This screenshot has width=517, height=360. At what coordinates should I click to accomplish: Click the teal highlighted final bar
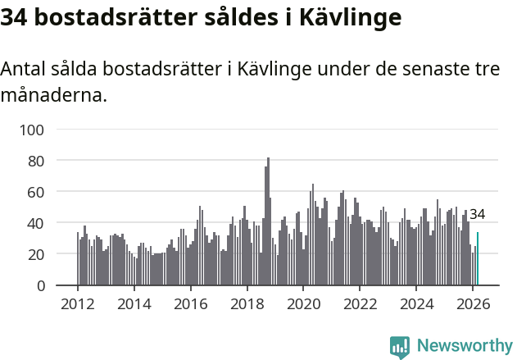point(478,259)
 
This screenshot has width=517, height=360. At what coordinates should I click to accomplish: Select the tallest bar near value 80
point(268,221)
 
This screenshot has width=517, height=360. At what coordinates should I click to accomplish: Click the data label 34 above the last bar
point(477,215)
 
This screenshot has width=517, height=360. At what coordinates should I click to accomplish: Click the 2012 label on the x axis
point(78,303)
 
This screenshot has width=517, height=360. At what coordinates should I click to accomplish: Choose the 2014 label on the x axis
point(134,303)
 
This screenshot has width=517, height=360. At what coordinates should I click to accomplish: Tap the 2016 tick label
point(191,303)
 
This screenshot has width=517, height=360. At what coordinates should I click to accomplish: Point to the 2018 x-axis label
point(247,303)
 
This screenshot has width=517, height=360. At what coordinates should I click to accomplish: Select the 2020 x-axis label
point(303,303)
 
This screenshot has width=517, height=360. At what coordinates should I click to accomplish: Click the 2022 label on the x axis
point(360,303)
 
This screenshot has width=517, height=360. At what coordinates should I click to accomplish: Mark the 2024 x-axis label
point(416,303)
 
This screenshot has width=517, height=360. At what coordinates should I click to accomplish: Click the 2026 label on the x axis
point(473,303)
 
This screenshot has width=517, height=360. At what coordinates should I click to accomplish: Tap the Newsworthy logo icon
point(400,347)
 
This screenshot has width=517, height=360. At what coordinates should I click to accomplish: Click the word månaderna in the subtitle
point(53,95)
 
